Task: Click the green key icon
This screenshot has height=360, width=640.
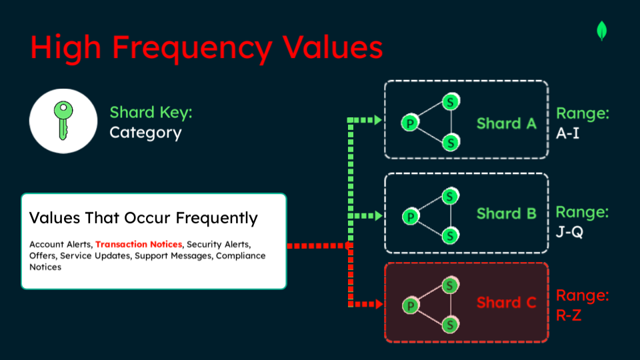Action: click(x=63, y=121)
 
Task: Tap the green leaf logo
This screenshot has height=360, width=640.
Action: click(x=601, y=31)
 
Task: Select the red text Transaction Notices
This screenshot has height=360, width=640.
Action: click(x=139, y=244)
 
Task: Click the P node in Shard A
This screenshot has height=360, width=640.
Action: click(x=410, y=123)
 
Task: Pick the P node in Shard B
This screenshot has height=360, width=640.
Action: click(x=411, y=216)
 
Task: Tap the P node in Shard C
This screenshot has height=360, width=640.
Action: click(x=411, y=305)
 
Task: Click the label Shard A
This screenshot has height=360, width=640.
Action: click(x=507, y=123)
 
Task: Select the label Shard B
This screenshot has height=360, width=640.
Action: click(x=507, y=213)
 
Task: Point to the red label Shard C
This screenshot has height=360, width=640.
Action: click(x=507, y=303)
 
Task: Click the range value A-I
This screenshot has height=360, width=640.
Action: click(x=568, y=133)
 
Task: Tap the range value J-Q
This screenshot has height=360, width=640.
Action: click(x=569, y=232)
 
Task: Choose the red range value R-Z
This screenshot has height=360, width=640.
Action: click(x=569, y=315)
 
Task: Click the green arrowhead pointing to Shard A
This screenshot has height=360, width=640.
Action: click(x=378, y=120)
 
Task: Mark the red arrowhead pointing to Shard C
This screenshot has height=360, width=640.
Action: click(x=379, y=304)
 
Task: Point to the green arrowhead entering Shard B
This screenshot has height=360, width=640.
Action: click(x=379, y=215)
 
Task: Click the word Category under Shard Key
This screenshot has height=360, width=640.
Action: click(x=145, y=133)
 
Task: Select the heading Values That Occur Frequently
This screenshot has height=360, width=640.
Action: click(x=143, y=218)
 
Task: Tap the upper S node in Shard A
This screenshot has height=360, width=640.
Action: click(x=451, y=101)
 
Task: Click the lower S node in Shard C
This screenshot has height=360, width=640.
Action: click(x=450, y=325)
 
